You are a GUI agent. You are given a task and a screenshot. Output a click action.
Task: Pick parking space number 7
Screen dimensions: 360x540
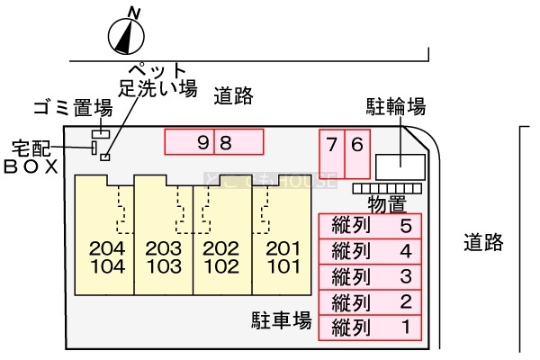tap(333, 153)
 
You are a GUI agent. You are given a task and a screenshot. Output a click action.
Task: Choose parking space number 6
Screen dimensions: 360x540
tap(357, 153)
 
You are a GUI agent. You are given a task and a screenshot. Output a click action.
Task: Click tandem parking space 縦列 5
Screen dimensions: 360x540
tap(370, 225)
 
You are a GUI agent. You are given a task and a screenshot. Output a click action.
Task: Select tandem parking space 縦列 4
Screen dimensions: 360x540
tap(370, 250)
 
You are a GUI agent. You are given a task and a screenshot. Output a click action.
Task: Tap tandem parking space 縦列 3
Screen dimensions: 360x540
tap(370, 275)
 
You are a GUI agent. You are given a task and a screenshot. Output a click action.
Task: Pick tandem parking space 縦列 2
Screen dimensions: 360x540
tap(370, 301)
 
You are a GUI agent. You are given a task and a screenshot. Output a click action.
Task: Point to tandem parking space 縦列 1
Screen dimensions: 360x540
tap(370, 327)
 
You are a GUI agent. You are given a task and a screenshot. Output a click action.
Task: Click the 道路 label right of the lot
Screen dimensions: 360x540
tap(483, 242)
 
